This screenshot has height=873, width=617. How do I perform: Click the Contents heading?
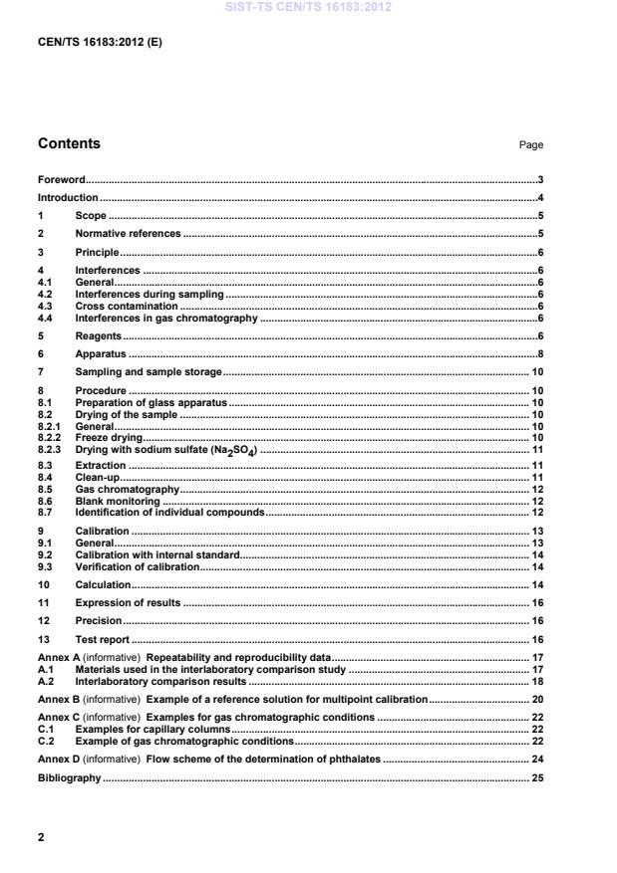point(69,144)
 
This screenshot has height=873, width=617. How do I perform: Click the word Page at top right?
point(530,145)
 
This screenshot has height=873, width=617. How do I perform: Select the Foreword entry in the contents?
point(61,181)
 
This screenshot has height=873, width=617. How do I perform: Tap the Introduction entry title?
point(68,198)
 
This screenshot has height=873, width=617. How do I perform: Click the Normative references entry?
point(128,234)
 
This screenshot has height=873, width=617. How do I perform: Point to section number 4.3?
point(46,307)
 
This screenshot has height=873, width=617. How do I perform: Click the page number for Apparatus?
point(539,354)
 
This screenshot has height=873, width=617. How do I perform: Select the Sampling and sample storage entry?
point(149,372)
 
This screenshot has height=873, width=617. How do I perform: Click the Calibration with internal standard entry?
point(157,553)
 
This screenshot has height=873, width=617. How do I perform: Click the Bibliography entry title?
point(69,777)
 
